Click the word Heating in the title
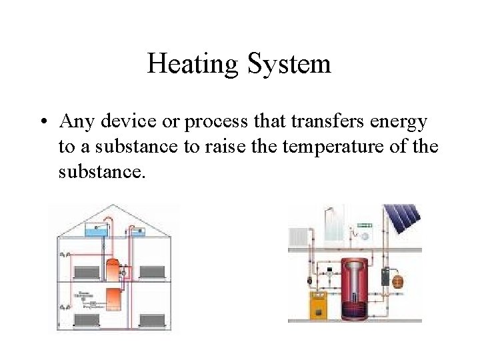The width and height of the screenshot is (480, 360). pyautogui.click(x=193, y=65)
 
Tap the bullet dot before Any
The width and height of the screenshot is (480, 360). pyautogui.click(x=42, y=123)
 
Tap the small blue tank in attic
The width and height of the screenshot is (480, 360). pyautogui.click(x=139, y=232)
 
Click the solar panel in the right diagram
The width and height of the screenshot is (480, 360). pyautogui.click(x=403, y=221)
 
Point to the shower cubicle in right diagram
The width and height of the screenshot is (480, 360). pyautogui.click(x=332, y=227)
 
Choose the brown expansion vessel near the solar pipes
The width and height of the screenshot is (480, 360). pyautogui.click(x=399, y=281)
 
